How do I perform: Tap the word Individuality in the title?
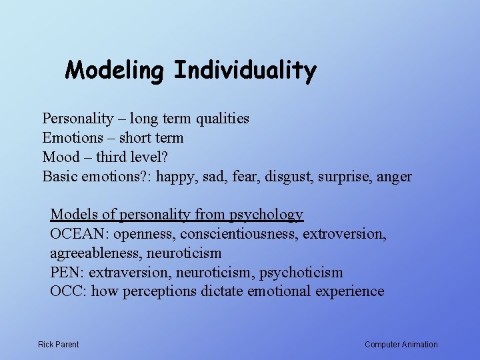pyautogui.click(x=245, y=71)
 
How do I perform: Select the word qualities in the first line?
pyautogui.click(x=222, y=119)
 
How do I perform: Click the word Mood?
pyautogui.click(x=61, y=157)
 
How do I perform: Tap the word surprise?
pyautogui.click(x=347, y=177)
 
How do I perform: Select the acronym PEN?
pyautogui.click(x=66, y=273)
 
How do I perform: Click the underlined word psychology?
pyautogui.click(x=266, y=215)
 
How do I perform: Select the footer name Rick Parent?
pyautogui.click(x=58, y=345)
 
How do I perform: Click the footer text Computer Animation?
pyautogui.click(x=401, y=345)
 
